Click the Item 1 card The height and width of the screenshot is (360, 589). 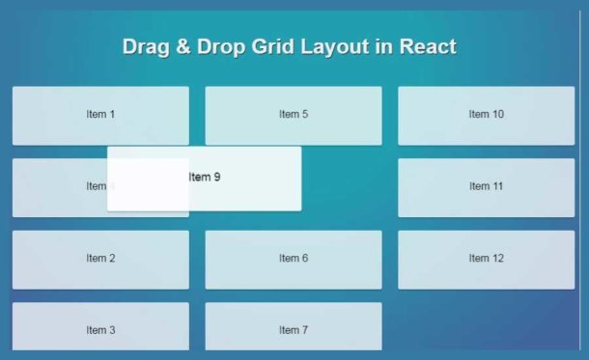pos(100,115)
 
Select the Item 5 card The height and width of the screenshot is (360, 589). pos(294,115)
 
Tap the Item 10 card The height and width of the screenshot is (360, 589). pos(486,115)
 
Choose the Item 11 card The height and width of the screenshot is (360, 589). pos(486,186)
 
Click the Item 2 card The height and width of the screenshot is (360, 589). pos(100,259)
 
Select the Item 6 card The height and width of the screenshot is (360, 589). pos(294,259)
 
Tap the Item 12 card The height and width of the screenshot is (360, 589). pos(486,259)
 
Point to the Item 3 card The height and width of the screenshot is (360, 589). pos(100,328)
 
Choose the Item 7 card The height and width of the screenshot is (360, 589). pos(294,328)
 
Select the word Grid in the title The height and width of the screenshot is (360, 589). pos(272,47)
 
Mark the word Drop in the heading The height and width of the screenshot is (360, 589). pos(221,47)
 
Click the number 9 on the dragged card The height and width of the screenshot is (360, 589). pos(217,178)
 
